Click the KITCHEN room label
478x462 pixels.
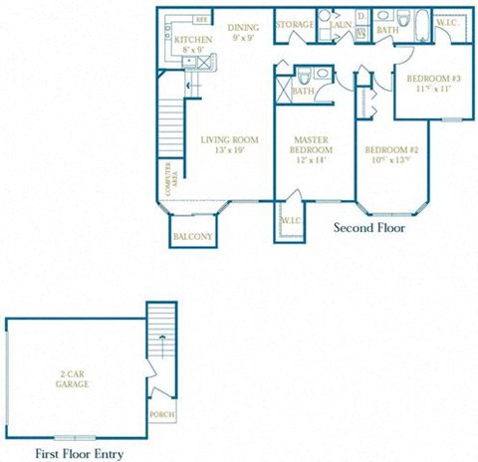point(192,39)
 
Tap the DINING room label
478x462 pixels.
point(242,27)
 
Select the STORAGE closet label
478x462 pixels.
point(294,24)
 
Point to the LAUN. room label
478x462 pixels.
point(341,23)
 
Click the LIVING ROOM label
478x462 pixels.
point(224,139)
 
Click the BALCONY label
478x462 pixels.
point(192,237)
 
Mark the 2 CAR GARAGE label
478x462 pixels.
point(70,378)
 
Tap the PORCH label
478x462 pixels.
point(160,416)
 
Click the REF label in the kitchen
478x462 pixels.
point(201,19)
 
